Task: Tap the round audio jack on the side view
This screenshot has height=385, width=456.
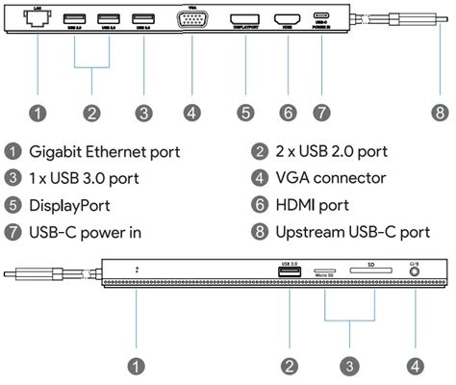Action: [415, 272]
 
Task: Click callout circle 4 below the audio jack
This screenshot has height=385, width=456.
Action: [415, 366]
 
